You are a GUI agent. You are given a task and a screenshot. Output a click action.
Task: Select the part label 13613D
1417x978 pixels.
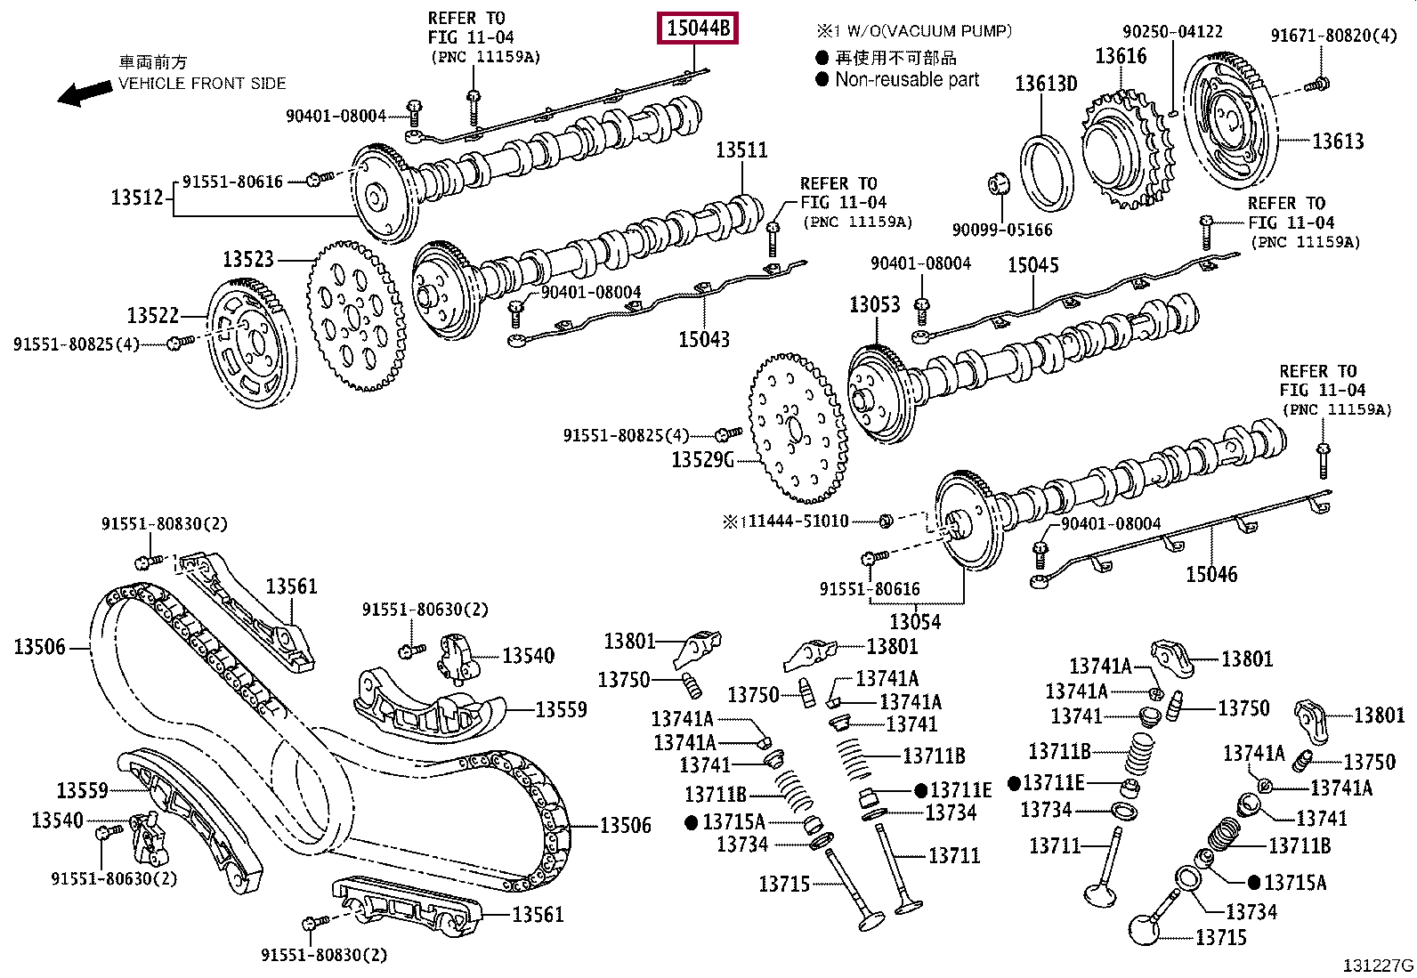(x=1046, y=85)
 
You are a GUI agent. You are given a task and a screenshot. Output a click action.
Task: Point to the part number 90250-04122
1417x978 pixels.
(x=1171, y=32)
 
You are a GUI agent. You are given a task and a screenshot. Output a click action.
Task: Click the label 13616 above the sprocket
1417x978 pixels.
(x=1120, y=57)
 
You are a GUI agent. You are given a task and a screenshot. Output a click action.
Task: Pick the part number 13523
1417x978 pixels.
(x=247, y=259)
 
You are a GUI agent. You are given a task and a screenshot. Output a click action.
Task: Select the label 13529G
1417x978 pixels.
(x=702, y=459)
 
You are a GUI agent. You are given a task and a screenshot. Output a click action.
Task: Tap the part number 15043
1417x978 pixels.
(x=703, y=339)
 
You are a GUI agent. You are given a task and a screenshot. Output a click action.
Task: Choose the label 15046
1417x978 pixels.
(x=1211, y=574)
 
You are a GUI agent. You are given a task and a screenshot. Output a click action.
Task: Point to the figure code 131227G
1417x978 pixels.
(x=1379, y=965)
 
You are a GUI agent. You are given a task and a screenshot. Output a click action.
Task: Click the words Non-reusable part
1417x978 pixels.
(x=906, y=79)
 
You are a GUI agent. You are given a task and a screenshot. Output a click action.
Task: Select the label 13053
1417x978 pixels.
(x=874, y=304)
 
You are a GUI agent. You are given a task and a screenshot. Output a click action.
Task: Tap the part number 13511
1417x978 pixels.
(x=741, y=150)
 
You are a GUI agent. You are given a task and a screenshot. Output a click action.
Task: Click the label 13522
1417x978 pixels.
(x=152, y=315)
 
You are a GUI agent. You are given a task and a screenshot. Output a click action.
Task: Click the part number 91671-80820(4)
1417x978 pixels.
(x=1333, y=36)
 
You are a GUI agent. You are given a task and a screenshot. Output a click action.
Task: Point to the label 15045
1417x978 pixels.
(x=1032, y=265)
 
